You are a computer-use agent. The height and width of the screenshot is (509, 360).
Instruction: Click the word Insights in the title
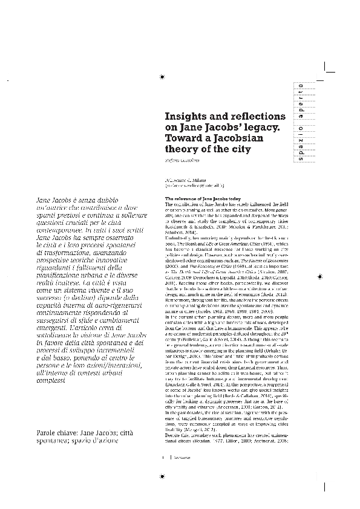click(185, 115)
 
